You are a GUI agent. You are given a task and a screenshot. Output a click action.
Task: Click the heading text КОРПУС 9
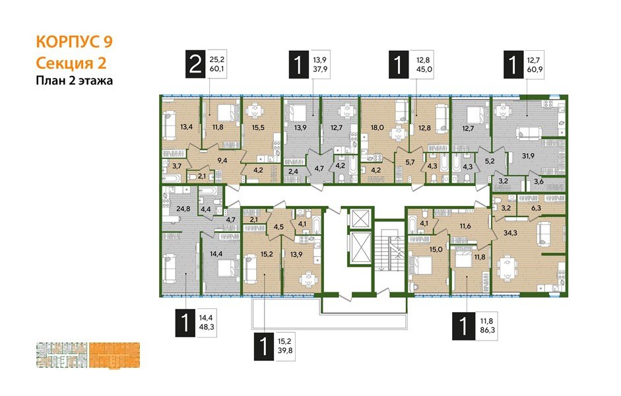73,43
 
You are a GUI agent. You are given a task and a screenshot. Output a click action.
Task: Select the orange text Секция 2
70,63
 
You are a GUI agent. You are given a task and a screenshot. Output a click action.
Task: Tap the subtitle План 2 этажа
74,81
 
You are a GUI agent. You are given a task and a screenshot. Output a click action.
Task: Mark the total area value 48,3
209,327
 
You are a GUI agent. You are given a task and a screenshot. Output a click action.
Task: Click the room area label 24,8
175,210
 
